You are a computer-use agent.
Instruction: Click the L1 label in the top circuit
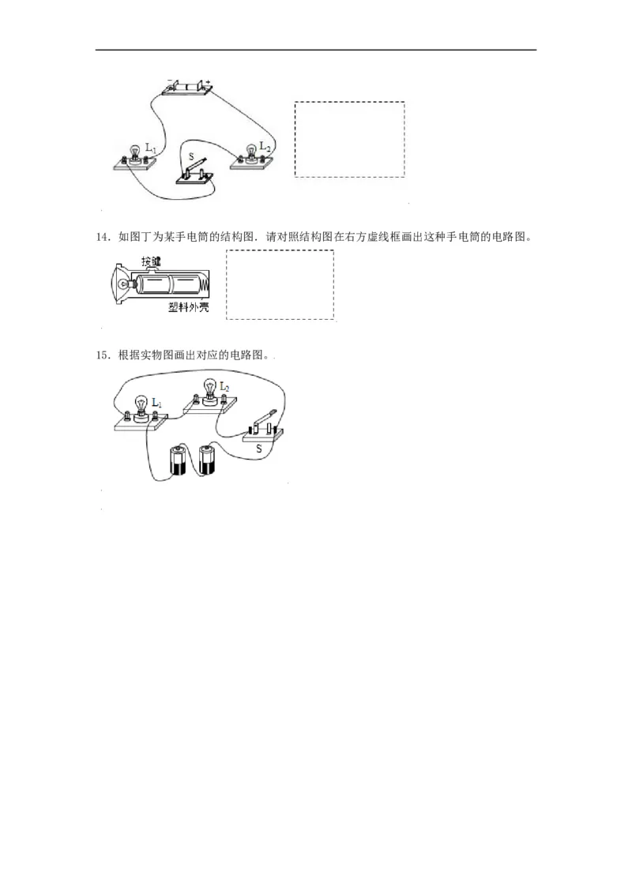click(x=152, y=148)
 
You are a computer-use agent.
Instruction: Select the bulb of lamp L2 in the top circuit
click(x=253, y=148)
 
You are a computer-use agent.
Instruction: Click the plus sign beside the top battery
click(x=209, y=81)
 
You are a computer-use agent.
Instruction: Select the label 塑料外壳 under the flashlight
click(x=188, y=308)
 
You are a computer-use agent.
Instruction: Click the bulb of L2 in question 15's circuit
click(x=210, y=388)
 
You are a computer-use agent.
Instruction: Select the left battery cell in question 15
click(x=177, y=460)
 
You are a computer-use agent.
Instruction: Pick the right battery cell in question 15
click(x=207, y=460)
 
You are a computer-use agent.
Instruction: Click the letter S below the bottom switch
click(x=258, y=448)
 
